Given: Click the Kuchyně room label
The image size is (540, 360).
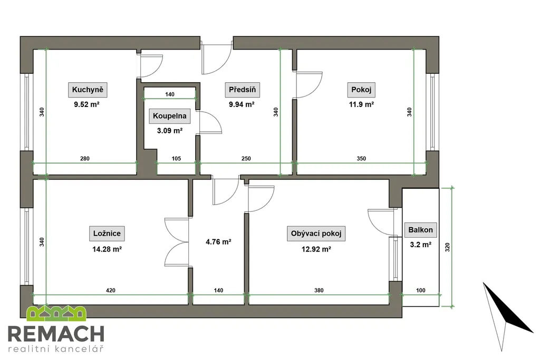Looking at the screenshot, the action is pos(88,90).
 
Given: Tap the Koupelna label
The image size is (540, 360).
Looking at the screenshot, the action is pos(170,116).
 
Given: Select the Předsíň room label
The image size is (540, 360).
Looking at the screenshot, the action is pos(243,90).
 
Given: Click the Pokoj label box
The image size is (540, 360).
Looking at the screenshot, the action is pos(361,90).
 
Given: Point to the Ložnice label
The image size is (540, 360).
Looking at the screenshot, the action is pos(107,233).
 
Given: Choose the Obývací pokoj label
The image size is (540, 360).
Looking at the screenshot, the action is pos(316,233).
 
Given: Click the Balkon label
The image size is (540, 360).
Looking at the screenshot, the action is pos(420,230).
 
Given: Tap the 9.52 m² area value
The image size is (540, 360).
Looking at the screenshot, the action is pos(87,105).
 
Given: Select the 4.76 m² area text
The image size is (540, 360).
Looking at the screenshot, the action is pos(218,242).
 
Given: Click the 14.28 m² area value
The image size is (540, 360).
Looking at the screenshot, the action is pos(107,249).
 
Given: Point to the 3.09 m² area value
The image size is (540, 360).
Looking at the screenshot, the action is pos(169,131).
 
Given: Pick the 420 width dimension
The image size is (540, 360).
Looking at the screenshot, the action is pos(111,290).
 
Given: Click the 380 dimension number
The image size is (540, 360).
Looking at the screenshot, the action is pos(319,290).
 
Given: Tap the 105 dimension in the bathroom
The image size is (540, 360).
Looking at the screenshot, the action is pos(176,159).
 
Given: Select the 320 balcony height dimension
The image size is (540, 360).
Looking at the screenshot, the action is pos(447,247).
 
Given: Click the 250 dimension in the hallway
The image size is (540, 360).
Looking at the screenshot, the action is pos(246,159).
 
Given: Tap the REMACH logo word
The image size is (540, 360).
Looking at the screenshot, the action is pos(56,334).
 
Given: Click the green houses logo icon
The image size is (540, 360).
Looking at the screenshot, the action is pos(56,313).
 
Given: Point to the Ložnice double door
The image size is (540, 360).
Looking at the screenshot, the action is pos(177,241).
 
